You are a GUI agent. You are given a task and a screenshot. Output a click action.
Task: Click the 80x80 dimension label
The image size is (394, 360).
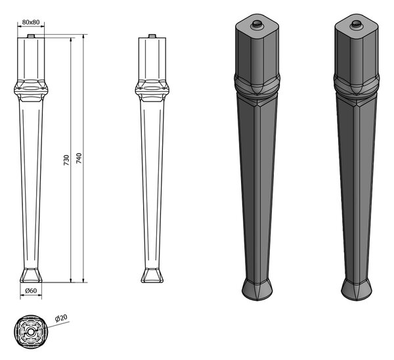click(31, 22)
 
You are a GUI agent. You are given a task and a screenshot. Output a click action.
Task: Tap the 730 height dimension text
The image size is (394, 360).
click(66, 160)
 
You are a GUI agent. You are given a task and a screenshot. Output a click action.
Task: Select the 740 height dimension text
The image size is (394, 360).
click(79, 158)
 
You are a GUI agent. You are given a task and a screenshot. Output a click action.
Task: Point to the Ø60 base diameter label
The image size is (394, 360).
click(31, 290)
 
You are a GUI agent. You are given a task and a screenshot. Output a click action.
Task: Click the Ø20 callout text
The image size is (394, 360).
click(61, 318)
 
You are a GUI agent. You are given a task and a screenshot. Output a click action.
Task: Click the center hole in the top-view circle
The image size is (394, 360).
click(31, 332)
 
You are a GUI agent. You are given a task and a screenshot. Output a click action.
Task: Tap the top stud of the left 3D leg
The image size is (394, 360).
click(257, 24)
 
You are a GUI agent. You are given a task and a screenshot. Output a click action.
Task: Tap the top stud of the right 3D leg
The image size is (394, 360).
click(356, 24)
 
